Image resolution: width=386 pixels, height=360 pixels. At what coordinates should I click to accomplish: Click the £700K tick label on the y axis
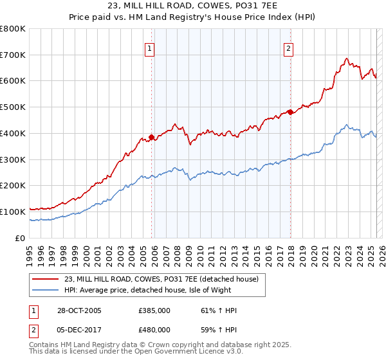click(13, 55)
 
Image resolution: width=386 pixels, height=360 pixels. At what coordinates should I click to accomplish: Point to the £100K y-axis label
click(13, 212)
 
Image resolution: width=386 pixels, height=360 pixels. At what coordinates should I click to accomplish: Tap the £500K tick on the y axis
click(13, 107)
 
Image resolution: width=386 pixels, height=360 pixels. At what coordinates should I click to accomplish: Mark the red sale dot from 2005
click(152, 137)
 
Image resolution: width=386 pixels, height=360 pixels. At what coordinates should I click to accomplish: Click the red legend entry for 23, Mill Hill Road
click(161, 279)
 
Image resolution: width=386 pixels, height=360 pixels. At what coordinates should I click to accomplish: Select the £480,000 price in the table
click(154, 330)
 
